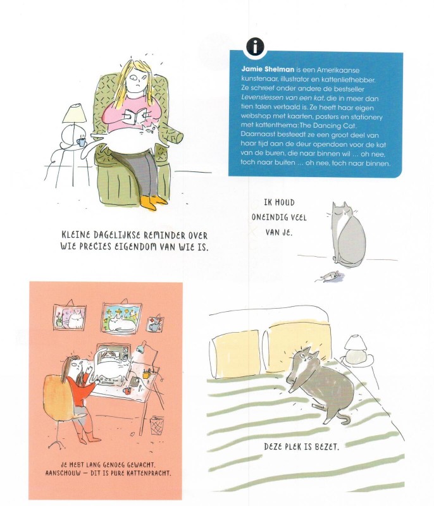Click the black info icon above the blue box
click(x=255, y=47)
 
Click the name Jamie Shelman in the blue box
click(x=268, y=69)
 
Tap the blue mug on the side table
click(x=81, y=142)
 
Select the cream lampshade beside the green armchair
click(x=75, y=113)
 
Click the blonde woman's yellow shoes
click(x=153, y=202)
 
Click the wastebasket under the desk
click(x=157, y=425)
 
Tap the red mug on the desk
click(x=127, y=391)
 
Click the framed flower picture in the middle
click(x=121, y=318)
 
